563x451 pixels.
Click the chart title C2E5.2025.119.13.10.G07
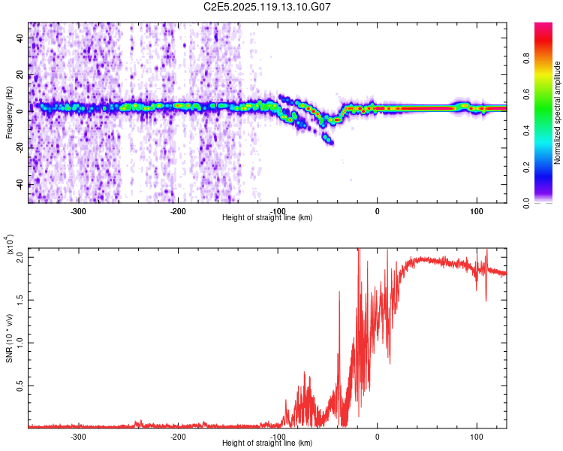click(x=266, y=7)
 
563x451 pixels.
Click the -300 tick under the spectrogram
click(x=79, y=211)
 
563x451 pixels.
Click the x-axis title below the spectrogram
click(x=267, y=218)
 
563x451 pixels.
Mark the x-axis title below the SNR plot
click(x=267, y=443)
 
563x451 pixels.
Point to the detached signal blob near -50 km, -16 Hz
click(x=328, y=140)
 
